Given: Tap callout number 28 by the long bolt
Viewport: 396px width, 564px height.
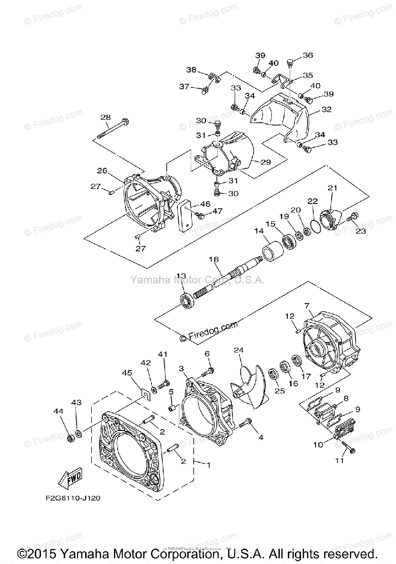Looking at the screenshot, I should [105, 117].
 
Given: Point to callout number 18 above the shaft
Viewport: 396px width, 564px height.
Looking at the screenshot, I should [214, 259].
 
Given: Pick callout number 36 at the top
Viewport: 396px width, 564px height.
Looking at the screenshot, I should [308, 55].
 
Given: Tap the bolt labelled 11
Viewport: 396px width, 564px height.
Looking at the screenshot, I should [347, 447].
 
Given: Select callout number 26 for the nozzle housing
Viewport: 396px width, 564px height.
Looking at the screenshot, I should [103, 170].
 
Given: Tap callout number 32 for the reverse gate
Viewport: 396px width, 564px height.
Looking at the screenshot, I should [326, 110].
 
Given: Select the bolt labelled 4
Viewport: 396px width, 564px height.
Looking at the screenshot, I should [245, 424].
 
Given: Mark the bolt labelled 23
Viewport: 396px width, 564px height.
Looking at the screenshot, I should [352, 218].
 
